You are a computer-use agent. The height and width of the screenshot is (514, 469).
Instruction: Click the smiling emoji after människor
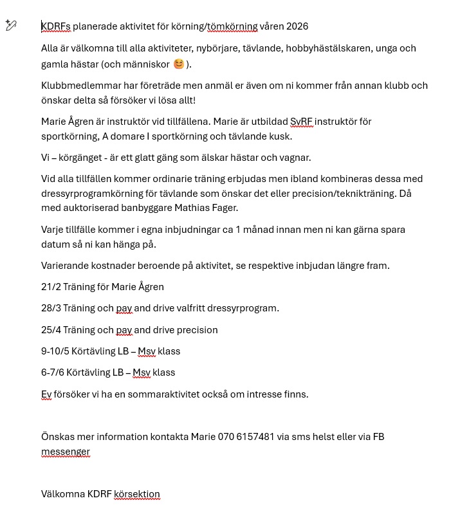[179, 64]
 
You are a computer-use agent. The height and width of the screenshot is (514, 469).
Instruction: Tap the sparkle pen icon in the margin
[10, 25]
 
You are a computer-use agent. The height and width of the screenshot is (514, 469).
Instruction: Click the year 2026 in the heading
[297, 26]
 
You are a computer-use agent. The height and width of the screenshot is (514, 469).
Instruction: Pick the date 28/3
[50, 308]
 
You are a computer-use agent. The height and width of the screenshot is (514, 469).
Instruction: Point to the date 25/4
[50, 330]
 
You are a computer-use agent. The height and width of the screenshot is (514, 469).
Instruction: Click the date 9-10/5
[52, 351]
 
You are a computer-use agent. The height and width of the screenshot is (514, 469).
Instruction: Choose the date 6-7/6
[52, 372]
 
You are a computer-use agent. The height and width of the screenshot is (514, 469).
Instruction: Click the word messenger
[66, 452]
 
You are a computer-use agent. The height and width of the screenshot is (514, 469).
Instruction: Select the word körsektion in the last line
[137, 494]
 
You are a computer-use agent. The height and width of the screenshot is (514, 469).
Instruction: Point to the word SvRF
[301, 122]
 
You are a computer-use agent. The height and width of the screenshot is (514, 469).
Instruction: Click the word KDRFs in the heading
[56, 26]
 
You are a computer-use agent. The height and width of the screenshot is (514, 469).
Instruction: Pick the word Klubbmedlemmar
[77, 86]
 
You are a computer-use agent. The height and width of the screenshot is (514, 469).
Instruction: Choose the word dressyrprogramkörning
[94, 193]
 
